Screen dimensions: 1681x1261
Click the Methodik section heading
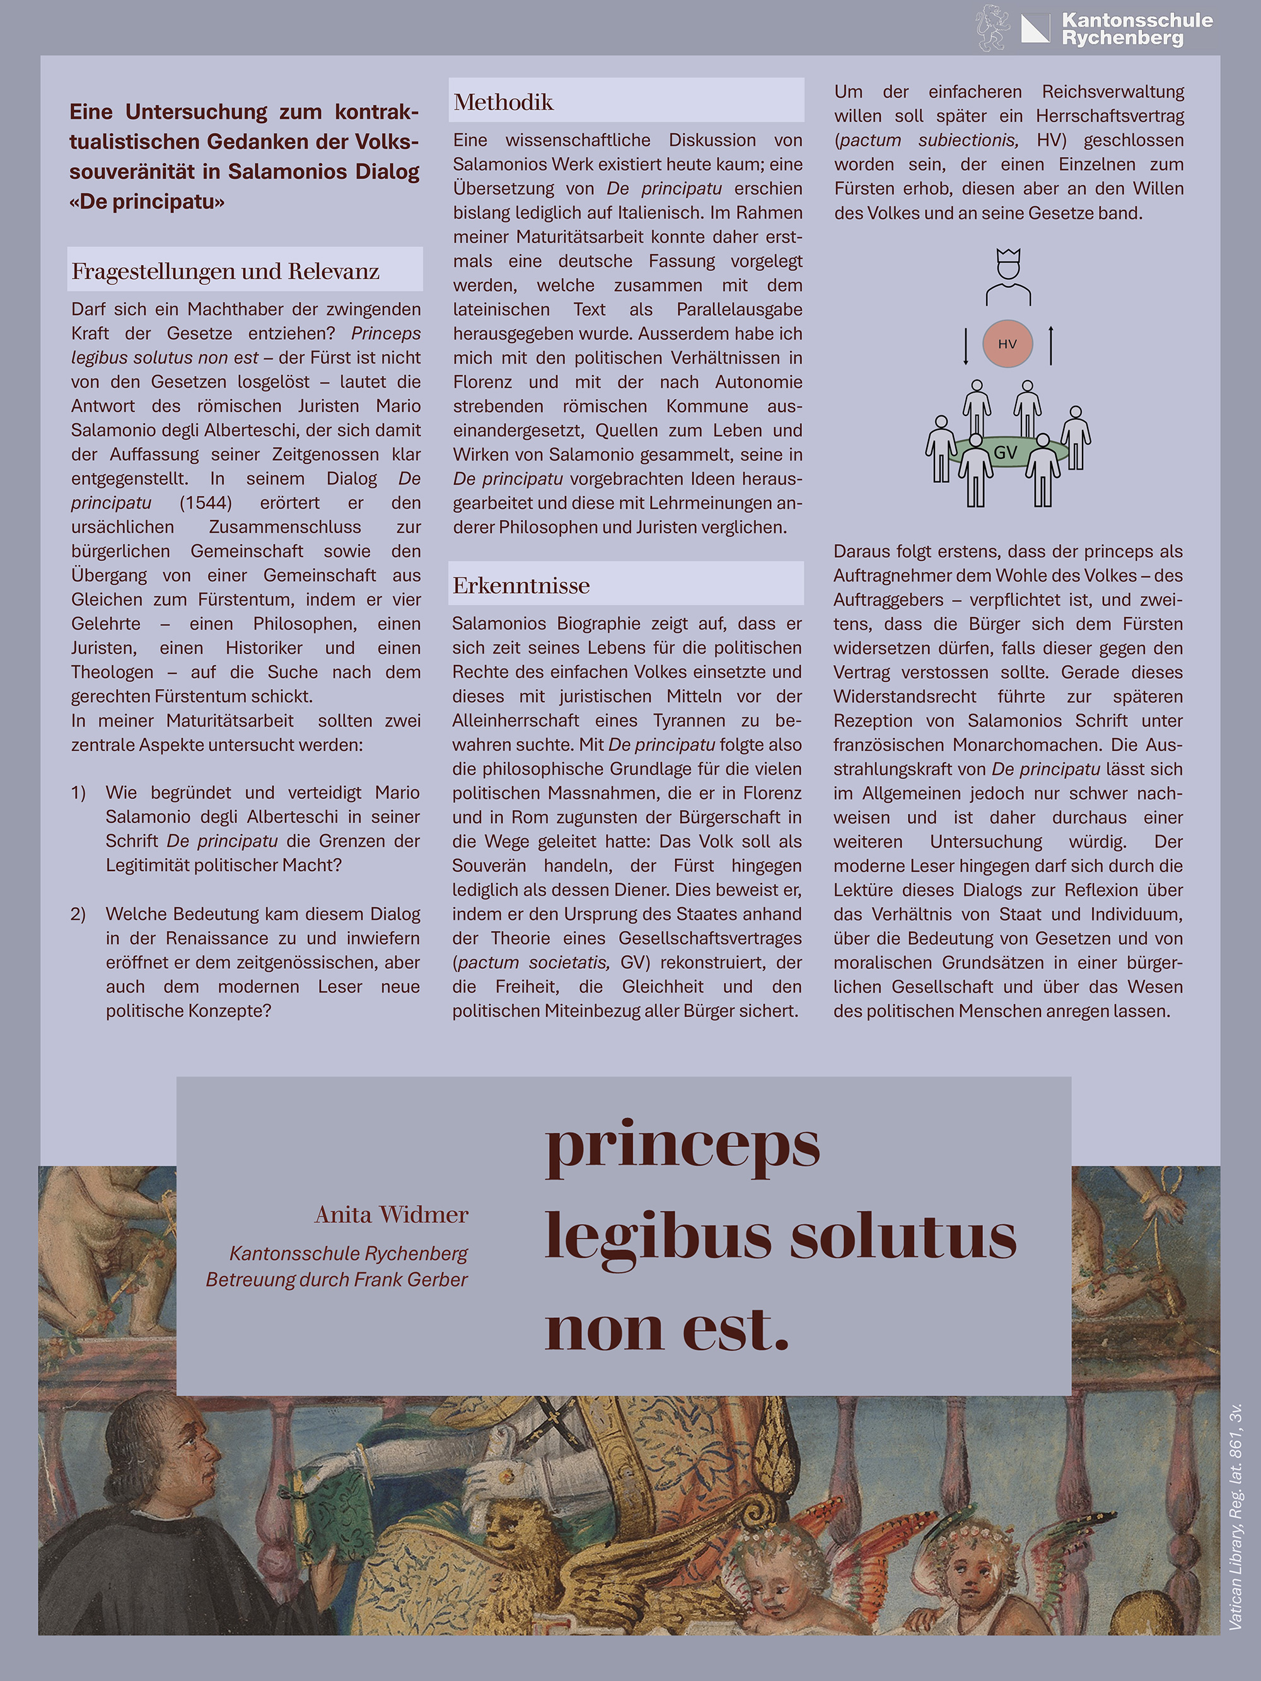click(x=503, y=102)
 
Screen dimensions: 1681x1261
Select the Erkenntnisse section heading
click(x=521, y=585)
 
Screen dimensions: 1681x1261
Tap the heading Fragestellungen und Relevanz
click(x=225, y=271)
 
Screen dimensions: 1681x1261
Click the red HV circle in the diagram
click(x=1007, y=344)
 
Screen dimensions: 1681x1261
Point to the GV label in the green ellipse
click(x=1005, y=453)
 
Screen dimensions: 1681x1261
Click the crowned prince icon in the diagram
click(x=1008, y=277)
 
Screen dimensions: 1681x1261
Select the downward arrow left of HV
click(x=965, y=346)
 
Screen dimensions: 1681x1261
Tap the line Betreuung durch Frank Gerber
click(x=336, y=1280)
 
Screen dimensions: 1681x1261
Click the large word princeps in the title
click(x=682, y=1146)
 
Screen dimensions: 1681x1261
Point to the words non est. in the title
click(x=666, y=1330)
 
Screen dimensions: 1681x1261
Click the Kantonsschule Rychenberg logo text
click(x=1136, y=29)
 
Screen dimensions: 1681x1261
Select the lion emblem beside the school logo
click(x=991, y=27)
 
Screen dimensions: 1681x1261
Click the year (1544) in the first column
click(x=205, y=503)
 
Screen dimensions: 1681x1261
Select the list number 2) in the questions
click(x=78, y=914)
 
